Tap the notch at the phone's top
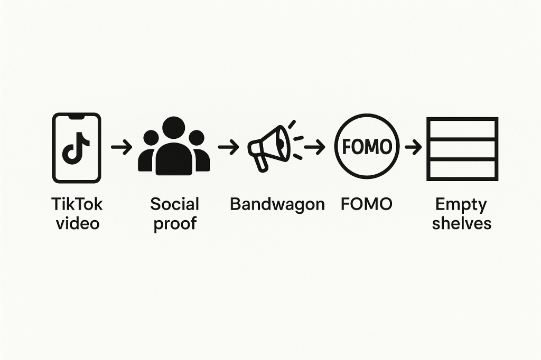pos(77,117)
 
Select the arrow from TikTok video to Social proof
pos(122,147)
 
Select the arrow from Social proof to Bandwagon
pos(228,147)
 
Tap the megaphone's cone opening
pos(283,143)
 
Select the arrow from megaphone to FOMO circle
pos(314,147)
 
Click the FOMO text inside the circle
pos(367,147)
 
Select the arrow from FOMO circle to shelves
pos(413,147)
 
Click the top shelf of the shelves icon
pos(462,129)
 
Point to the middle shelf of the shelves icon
pos(462,149)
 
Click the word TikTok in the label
pos(77,204)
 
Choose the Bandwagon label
pos(277,204)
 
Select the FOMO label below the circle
pos(367,204)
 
